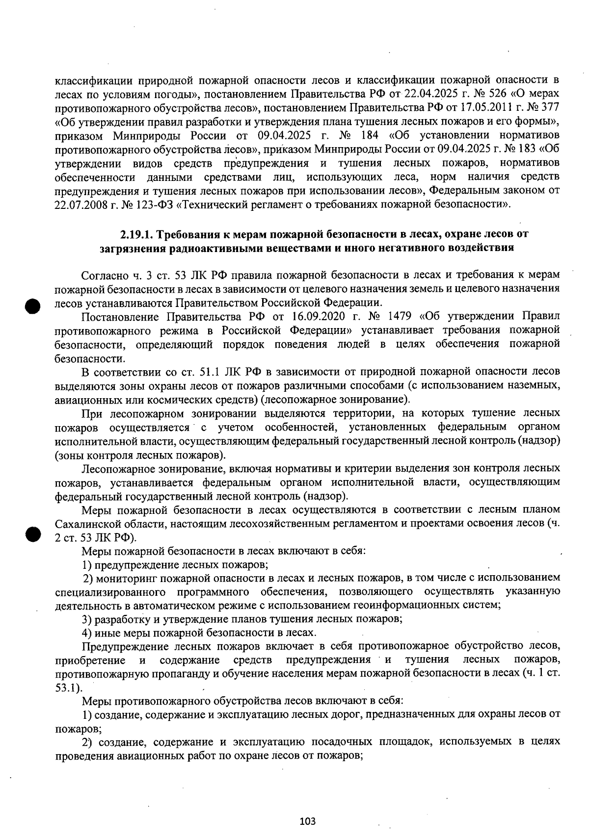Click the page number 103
[307, 821]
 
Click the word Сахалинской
[86, 524]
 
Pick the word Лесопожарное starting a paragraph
[116, 468]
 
